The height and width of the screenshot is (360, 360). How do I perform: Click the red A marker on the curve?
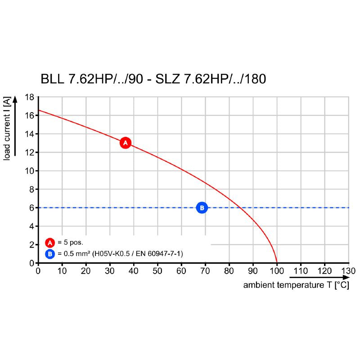coord(126,143)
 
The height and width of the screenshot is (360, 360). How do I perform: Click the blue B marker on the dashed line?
coord(202,207)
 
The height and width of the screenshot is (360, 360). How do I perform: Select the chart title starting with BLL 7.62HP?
coord(153,79)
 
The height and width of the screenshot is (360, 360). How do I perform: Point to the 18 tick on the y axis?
coord(30,97)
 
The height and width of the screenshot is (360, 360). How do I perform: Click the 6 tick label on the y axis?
coord(32,207)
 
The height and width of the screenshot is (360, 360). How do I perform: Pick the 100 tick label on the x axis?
coord(277,271)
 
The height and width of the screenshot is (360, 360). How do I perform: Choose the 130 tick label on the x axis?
coord(348,271)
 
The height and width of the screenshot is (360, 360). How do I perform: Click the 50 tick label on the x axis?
coord(157,271)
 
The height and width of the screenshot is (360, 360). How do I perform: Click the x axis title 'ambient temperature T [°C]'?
coord(296,285)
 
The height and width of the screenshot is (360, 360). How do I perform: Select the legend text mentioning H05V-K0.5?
coord(119,254)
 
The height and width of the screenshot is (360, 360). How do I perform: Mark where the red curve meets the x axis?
coord(277,263)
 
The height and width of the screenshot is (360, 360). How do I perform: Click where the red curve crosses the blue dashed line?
coord(241,207)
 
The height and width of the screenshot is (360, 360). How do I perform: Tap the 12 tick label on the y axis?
coord(30,152)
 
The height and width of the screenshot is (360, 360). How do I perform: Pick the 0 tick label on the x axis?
coord(38,271)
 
